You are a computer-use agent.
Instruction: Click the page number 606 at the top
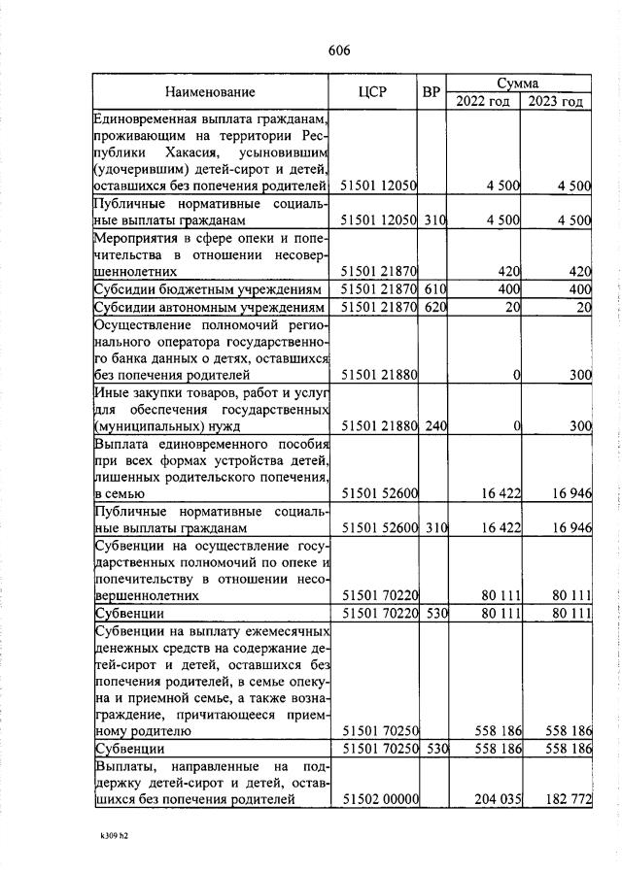(x=338, y=50)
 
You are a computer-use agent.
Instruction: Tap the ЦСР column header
(x=372, y=92)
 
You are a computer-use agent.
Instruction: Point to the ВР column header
(x=432, y=92)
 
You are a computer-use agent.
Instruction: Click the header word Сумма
(x=518, y=84)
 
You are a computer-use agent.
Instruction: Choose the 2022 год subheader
(x=483, y=102)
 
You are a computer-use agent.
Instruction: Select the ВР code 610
(x=433, y=290)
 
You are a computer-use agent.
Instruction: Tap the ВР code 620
(x=433, y=308)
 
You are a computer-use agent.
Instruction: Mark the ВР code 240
(x=433, y=426)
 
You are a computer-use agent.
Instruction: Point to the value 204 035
(x=496, y=799)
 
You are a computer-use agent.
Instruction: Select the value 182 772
(x=566, y=799)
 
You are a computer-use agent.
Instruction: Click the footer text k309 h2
(x=114, y=833)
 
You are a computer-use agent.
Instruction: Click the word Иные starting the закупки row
(x=110, y=391)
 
